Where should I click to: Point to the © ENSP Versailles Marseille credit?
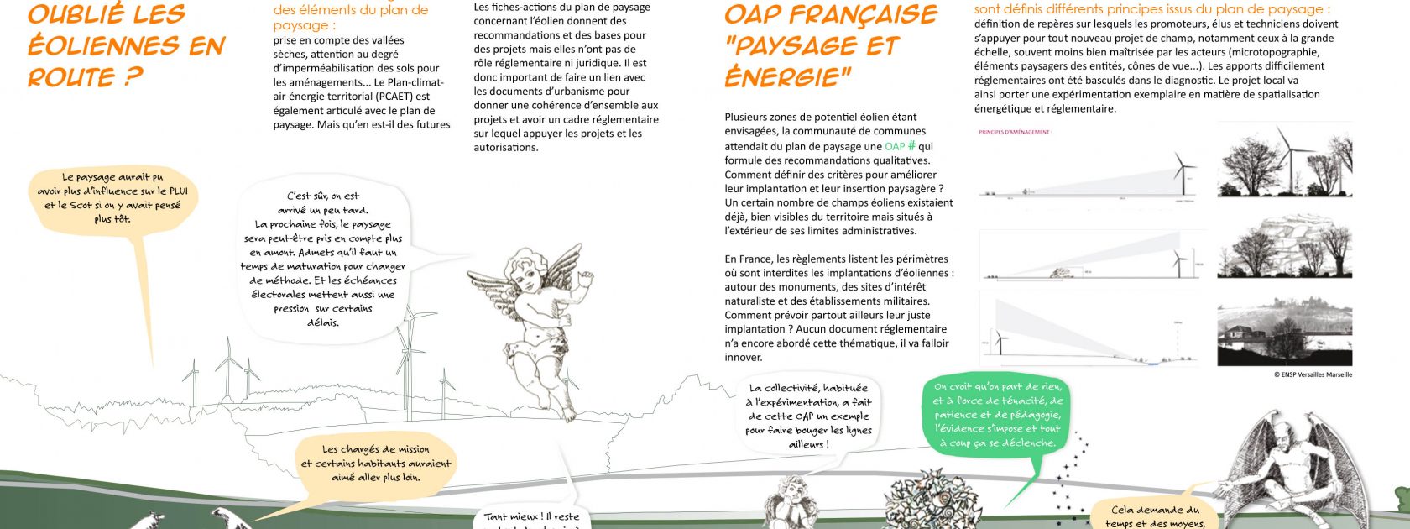click(x=1313, y=374)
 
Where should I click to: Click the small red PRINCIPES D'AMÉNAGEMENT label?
click(x=1014, y=132)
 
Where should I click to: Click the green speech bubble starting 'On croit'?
click(x=997, y=415)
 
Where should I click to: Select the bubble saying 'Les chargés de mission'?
click(x=376, y=463)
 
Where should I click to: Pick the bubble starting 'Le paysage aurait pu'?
click(x=112, y=198)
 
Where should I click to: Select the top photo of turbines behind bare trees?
click(x=1284, y=160)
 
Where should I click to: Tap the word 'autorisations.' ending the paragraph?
click(x=505, y=147)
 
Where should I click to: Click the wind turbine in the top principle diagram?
click(x=1183, y=172)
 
